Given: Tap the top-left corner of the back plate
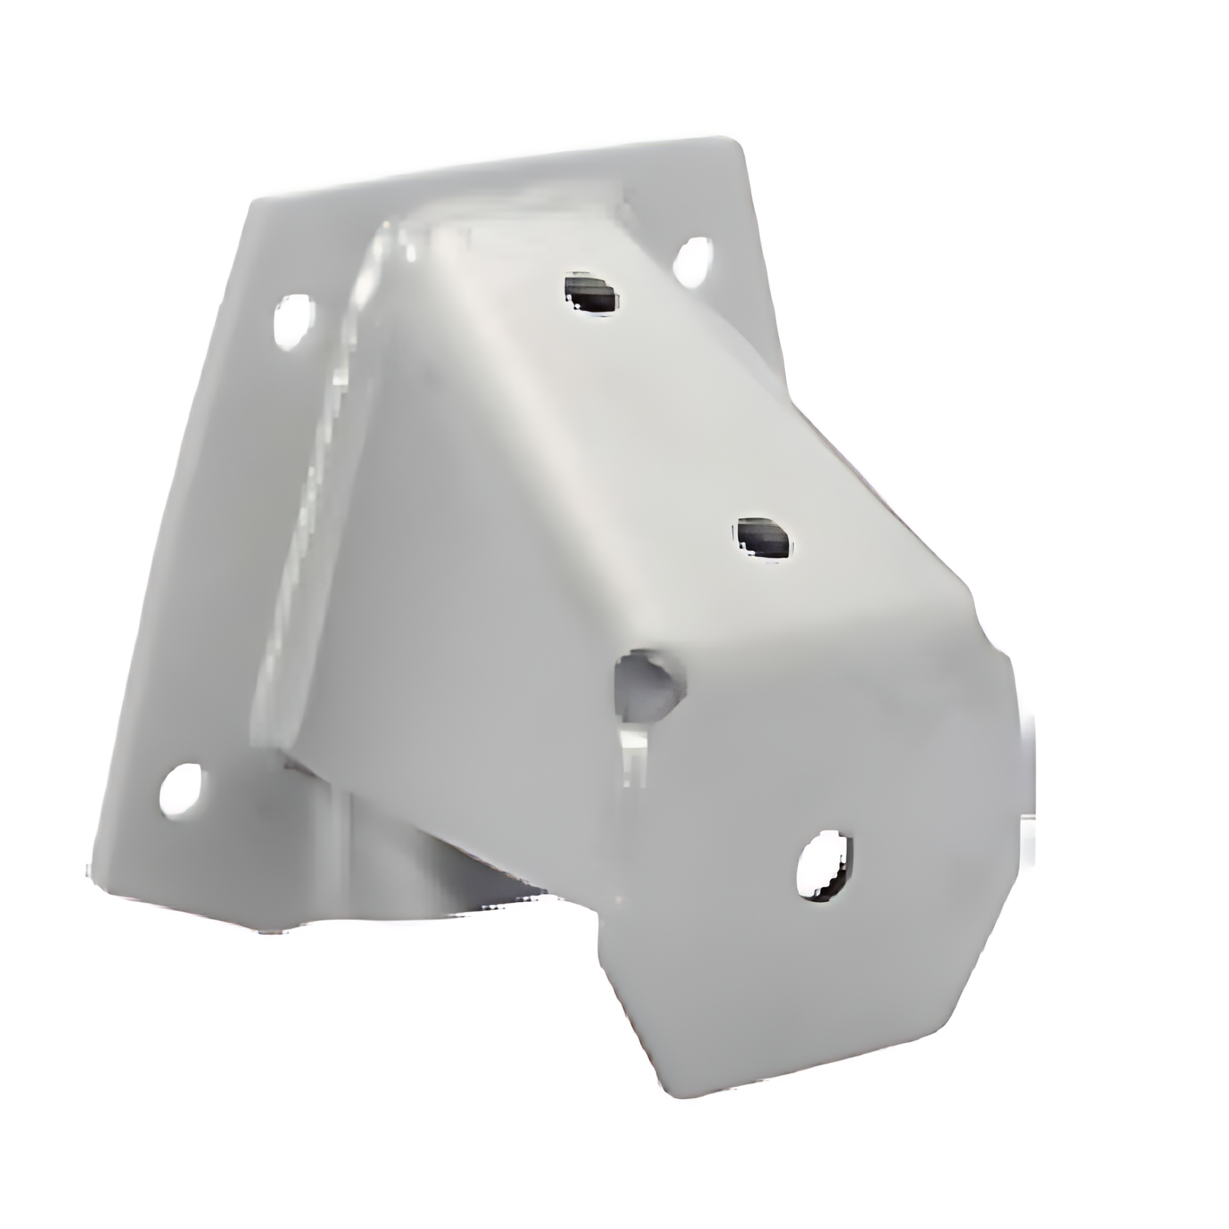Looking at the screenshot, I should pos(252,201).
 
